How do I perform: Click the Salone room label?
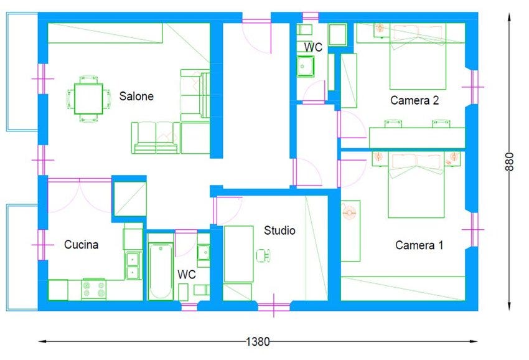pyautogui.click(x=136, y=97)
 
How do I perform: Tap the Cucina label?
pyautogui.click(x=82, y=245)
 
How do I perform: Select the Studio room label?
pyautogui.click(x=279, y=230)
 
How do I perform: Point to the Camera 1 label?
pyautogui.click(x=419, y=245)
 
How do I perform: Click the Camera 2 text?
pyautogui.click(x=414, y=100)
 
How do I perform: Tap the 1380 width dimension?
pyautogui.click(x=258, y=341)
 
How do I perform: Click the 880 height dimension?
pyautogui.click(x=510, y=162)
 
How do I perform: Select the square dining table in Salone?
pyautogui.click(x=88, y=99)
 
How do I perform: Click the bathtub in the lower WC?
pyautogui.click(x=161, y=272)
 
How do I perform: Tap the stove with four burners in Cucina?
pyautogui.click(x=94, y=290)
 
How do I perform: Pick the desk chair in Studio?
pyautogui.click(x=263, y=255)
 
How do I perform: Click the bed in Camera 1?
pyautogui.click(x=416, y=185)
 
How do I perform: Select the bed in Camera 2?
pyautogui.click(x=418, y=57)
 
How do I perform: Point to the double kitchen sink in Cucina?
pyautogui.click(x=133, y=265)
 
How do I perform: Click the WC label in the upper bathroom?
pyautogui.click(x=313, y=47)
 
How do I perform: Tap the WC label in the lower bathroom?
pyautogui.click(x=187, y=274)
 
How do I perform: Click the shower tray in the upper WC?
pyautogui.click(x=306, y=66)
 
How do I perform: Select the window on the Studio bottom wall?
pyautogui.click(x=274, y=306)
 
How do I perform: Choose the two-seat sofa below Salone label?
pyautogui.click(x=156, y=138)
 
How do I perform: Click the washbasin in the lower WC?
pyautogui.click(x=204, y=252)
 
